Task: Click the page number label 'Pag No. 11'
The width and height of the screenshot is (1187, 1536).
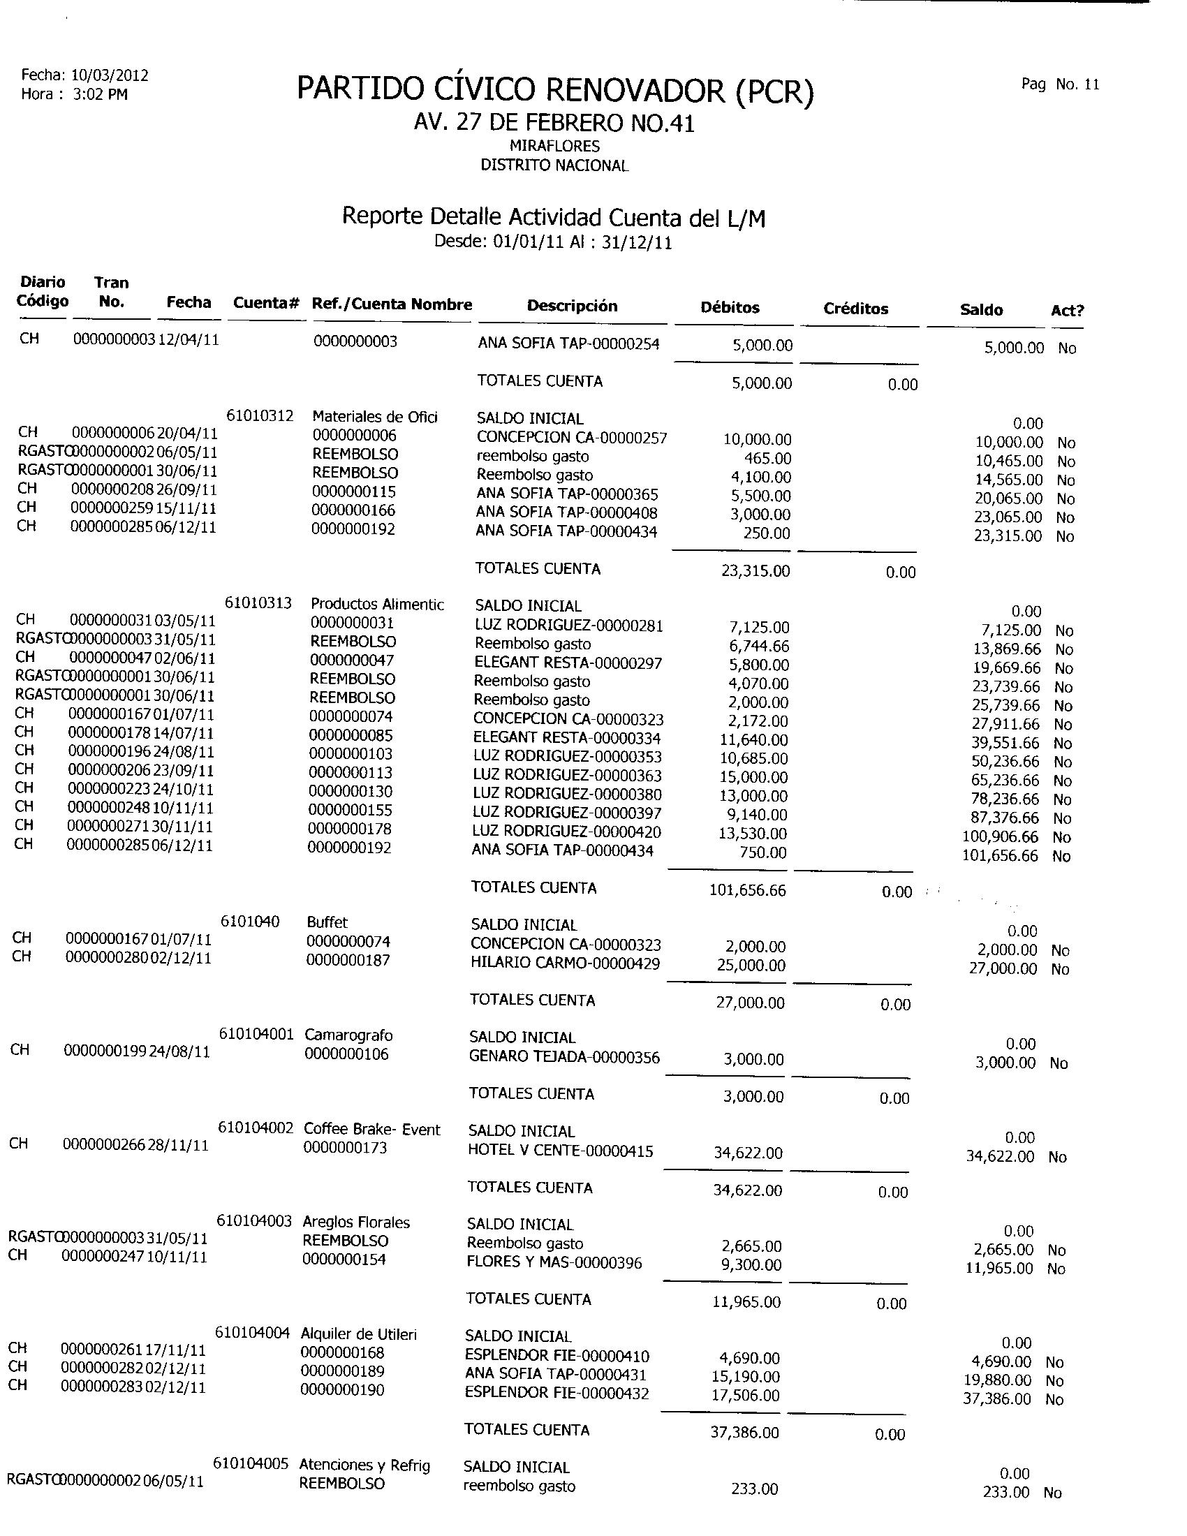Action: (1060, 84)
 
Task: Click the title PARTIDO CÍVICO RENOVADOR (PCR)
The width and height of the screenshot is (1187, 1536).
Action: (555, 91)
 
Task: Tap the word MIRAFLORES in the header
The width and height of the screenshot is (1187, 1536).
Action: (554, 147)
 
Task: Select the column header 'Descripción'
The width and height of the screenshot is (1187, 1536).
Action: (572, 306)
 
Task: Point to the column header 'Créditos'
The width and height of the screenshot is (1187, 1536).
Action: (855, 309)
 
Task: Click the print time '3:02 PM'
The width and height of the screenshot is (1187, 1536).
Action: (100, 94)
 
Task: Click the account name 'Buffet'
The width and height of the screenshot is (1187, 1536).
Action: (327, 922)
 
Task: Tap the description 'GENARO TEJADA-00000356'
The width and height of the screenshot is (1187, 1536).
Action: (564, 1057)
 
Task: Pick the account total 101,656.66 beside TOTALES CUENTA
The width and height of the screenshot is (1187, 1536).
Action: (748, 890)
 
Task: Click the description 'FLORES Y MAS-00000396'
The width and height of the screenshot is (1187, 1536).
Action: (554, 1262)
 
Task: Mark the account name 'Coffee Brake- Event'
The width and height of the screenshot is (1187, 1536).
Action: (371, 1129)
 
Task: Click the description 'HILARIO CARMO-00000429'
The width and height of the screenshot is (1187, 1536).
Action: (565, 963)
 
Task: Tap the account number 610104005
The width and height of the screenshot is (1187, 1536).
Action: (251, 1463)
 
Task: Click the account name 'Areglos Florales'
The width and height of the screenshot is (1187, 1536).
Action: (356, 1222)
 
